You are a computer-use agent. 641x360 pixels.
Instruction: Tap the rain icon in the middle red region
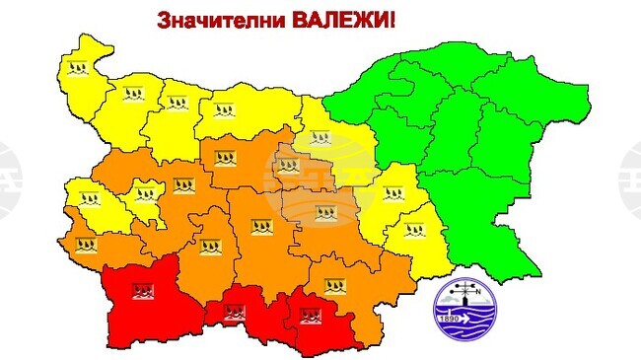point(234,314)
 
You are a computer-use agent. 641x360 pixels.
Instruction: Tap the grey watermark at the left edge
point(8,180)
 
